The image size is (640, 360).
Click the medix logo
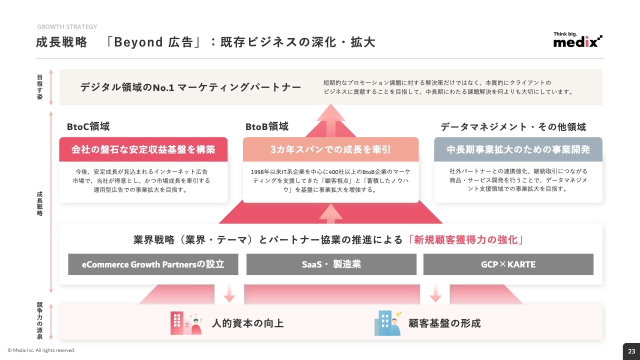577,39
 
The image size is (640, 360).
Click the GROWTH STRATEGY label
67,27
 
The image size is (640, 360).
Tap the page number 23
631,351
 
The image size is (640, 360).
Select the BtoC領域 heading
88,126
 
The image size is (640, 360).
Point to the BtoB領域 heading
267,126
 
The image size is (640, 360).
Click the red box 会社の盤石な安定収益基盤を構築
143,149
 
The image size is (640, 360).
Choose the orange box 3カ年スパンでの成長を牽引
330,149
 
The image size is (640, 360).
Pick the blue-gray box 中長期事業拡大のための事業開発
518,149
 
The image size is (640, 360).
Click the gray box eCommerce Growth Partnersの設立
153,264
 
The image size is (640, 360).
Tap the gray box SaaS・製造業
331,264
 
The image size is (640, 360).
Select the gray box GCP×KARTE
508,264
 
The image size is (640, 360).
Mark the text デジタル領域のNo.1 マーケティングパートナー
190,87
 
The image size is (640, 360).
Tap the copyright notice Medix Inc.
41,350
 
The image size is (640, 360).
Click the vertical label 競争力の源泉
39,320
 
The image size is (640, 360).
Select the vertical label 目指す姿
39,87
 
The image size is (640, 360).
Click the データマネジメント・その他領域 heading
513,126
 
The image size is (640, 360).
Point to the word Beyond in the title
138,42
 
